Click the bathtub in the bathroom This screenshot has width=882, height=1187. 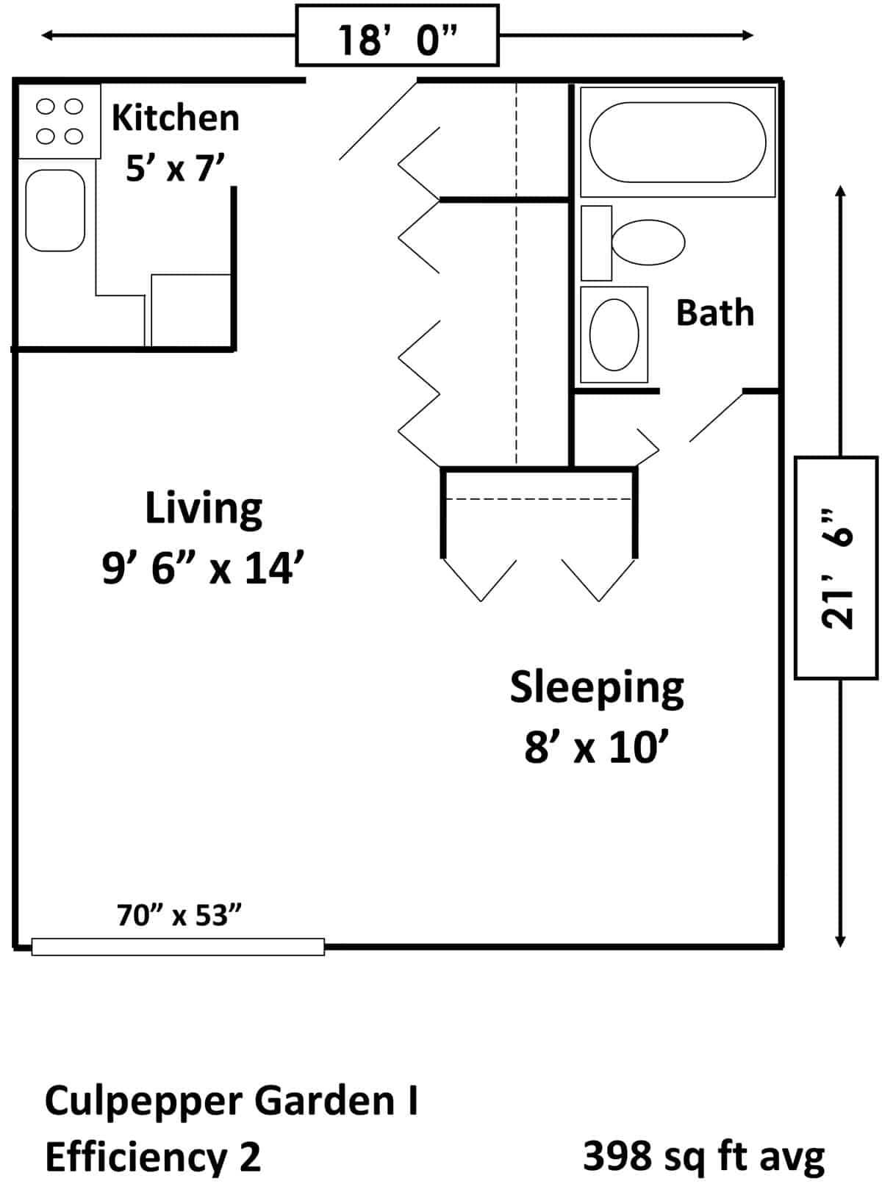tap(678, 143)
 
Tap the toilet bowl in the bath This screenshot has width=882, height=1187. tap(648, 243)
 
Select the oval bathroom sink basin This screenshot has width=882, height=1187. tap(614, 334)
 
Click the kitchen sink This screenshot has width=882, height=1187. tap(55, 210)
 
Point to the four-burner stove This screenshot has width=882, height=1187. tap(60, 121)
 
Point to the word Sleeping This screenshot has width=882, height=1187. tap(597, 689)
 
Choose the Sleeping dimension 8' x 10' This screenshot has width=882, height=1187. tap(598, 747)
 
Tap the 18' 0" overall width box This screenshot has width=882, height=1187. tap(398, 35)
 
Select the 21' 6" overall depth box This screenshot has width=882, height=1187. tap(836, 568)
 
